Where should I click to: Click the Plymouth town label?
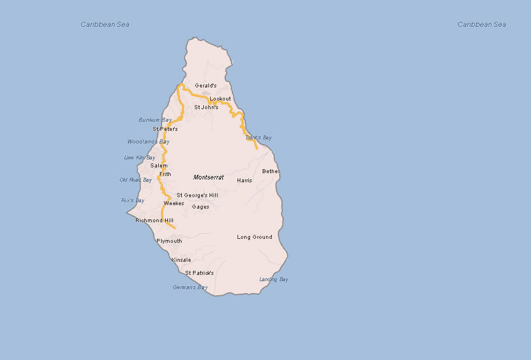[169, 241]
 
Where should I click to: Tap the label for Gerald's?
[206, 86]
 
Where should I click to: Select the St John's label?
[206, 107]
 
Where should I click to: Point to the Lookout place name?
[220, 99]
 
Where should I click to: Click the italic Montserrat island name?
[208, 178]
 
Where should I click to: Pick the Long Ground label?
[255, 237]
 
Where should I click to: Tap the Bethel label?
[271, 171]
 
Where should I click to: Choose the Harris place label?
[244, 181]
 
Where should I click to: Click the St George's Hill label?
[197, 195]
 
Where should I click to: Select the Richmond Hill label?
[154, 221]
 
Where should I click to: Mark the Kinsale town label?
[181, 260]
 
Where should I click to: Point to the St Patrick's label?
[199, 273]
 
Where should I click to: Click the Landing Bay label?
[273, 279]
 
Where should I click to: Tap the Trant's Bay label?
[258, 138]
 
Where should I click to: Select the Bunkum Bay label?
[155, 120]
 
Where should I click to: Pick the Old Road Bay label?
[136, 180]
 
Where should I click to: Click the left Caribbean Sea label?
[105, 25]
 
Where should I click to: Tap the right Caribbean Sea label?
[482, 25]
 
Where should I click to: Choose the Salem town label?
[159, 166]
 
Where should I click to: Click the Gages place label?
[200, 207]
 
